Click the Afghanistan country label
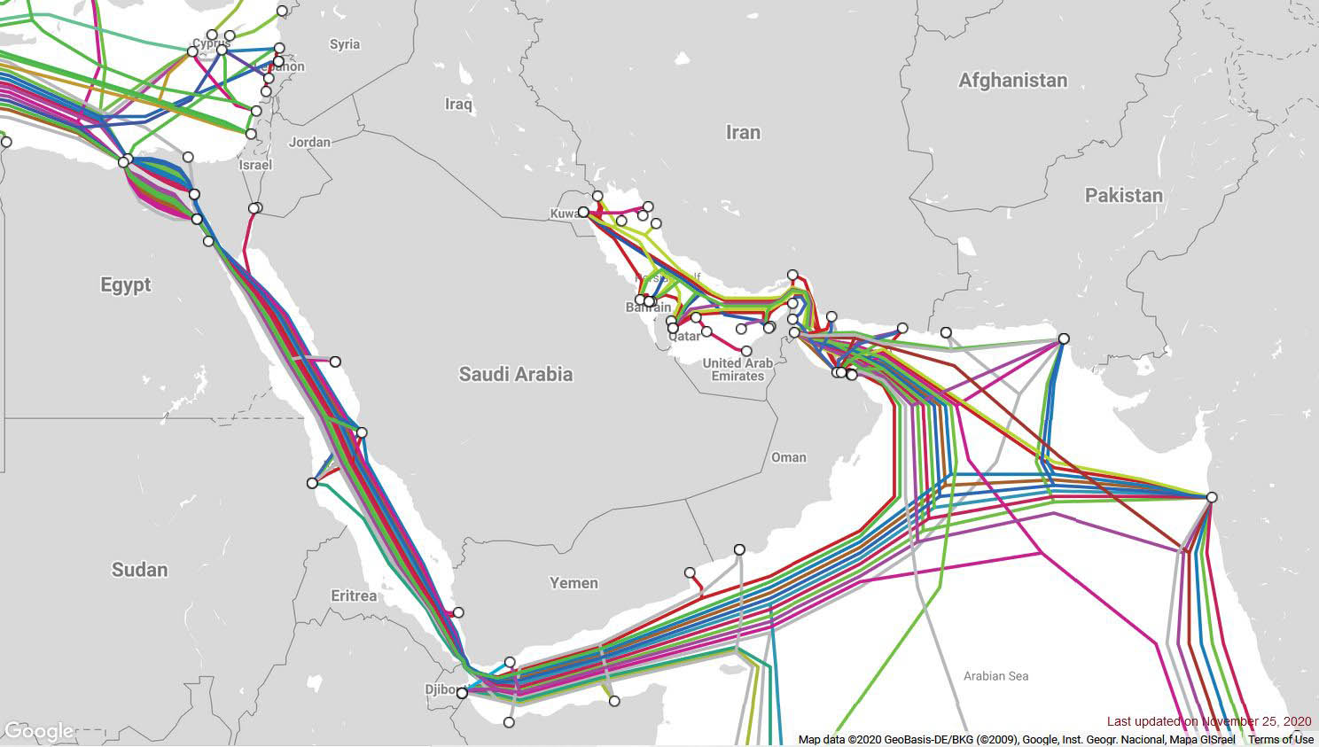click(1012, 81)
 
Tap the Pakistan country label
click(1123, 195)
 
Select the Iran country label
click(743, 132)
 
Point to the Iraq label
click(458, 105)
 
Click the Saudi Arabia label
click(515, 374)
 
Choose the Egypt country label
click(125, 284)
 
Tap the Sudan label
click(139, 569)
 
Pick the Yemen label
click(574, 583)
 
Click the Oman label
click(789, 457)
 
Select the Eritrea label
click(354, 595)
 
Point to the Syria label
click(345, 44)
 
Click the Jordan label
click(309, 142)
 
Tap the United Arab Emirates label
click(738, 370)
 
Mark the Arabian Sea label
click(995, 676)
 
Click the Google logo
click(38, 731)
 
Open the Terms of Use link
click(1281, 740)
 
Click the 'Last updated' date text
click(1208, 722)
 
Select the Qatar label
click(684, 336)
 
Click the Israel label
click(255, 165)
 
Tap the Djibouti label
click(441, 689)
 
